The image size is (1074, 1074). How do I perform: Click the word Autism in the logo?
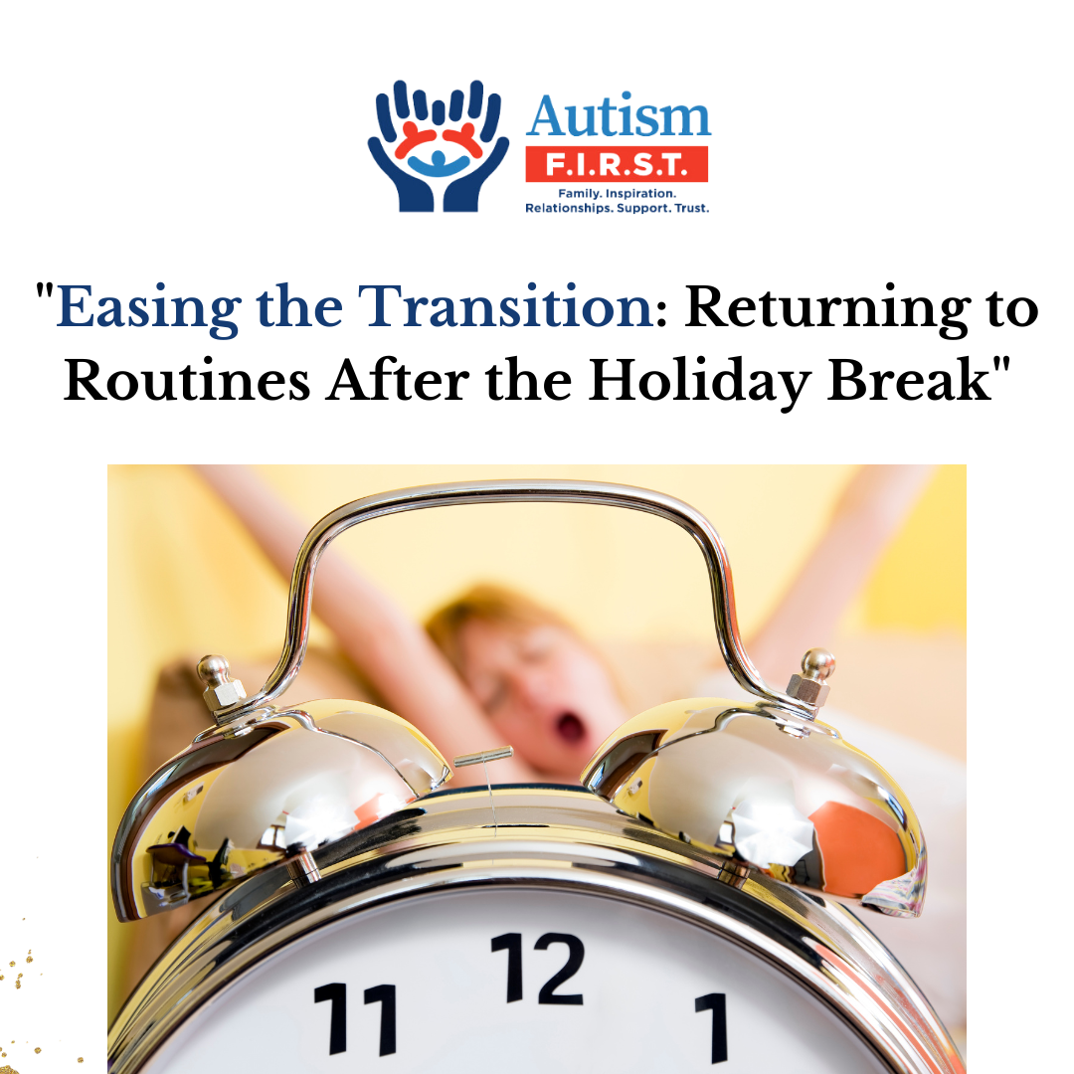pos(619,117)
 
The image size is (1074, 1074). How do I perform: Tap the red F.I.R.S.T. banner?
pos(617,165)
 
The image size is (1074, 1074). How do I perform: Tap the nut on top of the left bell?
pos(221,685)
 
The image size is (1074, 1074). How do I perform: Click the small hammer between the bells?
pos(484,756)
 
